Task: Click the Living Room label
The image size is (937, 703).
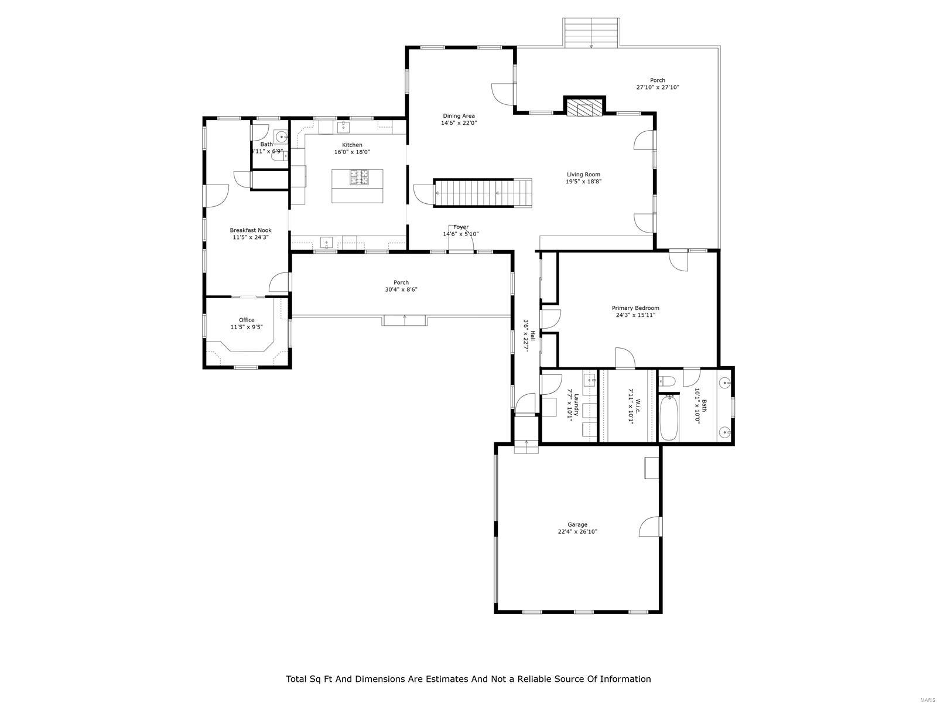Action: pos(583,175)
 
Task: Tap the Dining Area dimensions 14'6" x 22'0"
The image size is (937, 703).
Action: pos(459,123)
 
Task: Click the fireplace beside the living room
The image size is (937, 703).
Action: pos(584,108)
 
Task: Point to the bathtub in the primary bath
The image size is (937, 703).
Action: pos(669,417)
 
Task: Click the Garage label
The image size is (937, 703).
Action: pos(577,525)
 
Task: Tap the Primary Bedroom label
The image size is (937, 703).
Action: pos(635,308)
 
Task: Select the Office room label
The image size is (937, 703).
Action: pos(247,320)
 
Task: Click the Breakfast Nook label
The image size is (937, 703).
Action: pos(250,230)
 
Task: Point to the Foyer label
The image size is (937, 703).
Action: pos(461,227)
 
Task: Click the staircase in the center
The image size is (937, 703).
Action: pos(481,193)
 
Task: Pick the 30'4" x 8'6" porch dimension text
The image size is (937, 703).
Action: pos(401,289)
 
